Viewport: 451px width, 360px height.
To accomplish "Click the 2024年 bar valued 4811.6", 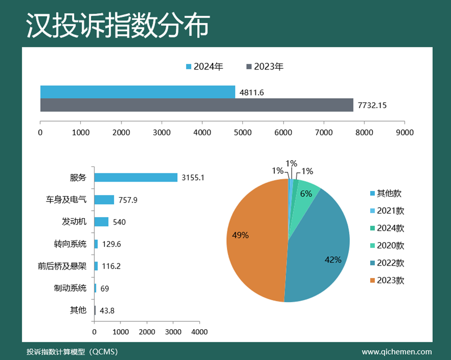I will [138, 92].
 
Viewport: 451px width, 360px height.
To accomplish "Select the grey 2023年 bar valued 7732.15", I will [197, 105].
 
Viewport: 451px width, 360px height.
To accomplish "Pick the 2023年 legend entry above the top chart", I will [265, 67].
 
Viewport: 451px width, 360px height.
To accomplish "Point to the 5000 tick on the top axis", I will [242, 133].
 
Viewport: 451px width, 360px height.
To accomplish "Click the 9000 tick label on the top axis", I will [405, 133].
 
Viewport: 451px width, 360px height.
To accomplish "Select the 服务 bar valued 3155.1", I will [136, 177].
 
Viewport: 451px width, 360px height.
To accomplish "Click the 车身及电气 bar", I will [104, 199].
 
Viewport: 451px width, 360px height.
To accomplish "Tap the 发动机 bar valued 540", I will [102, 222].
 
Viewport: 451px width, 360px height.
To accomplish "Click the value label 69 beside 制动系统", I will [104, 289].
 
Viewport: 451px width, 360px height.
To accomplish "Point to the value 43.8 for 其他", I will [107, 310].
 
